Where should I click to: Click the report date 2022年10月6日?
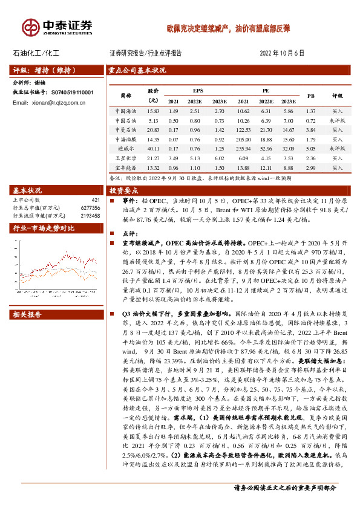click(x=283, y=53)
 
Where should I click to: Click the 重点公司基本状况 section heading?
click(x=137, y=70)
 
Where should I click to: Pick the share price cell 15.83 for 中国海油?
click(x=152, y=111)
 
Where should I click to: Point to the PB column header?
click(x=311, y=96)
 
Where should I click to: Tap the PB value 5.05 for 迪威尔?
click(x=311, y=149)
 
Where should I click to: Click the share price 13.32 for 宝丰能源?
click(x=152, y=167)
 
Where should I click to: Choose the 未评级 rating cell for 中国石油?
click(x=337, y=121)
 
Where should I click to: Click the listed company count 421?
click(x=95, y=199)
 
